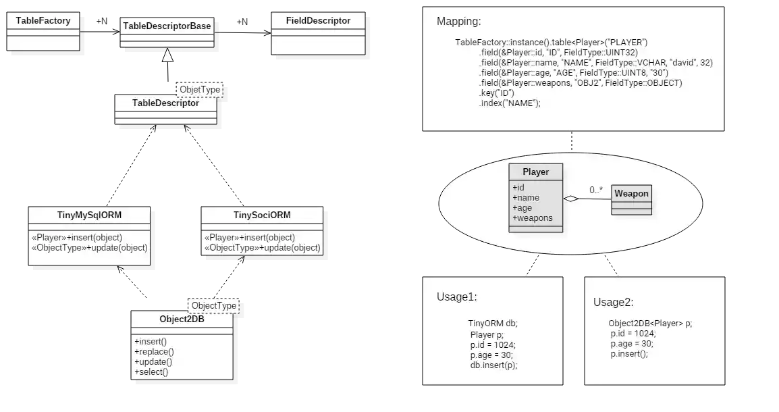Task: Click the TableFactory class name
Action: click(43, 21)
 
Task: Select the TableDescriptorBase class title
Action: click(167, 26)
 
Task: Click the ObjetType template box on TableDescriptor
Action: click(198, 89)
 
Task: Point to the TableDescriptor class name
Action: click(165, 103)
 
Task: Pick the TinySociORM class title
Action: click(262, 215)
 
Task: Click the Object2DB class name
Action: click(182, 319)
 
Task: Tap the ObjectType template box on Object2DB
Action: click(214, 305)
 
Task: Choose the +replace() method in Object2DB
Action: click(154, 351)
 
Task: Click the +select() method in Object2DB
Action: click(151, 371)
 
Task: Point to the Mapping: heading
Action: click(459, 22)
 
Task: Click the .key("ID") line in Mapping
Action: click(497, 93)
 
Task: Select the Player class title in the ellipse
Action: click(535, 172)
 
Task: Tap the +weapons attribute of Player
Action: click(533, 218)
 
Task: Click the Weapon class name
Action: click(631, 194)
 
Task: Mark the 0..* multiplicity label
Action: click(595, 190)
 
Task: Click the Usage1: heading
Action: click(458, 297)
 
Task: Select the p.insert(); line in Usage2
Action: click(629, 353)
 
